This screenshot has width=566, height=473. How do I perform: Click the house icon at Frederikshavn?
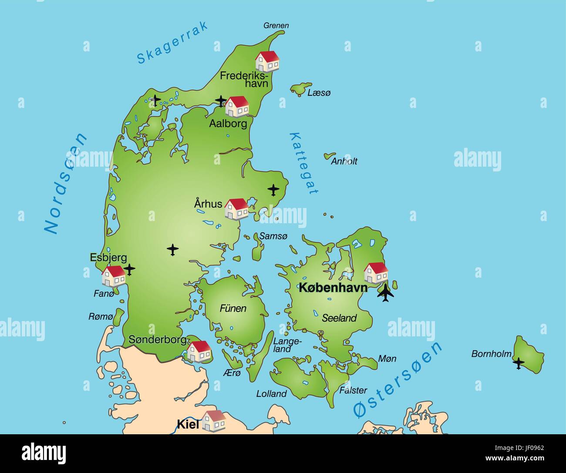point(267,61)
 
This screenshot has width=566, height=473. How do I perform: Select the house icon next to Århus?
point(236,209)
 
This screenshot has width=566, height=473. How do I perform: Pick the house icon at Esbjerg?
point(114,276)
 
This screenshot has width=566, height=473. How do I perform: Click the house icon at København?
point(376,273)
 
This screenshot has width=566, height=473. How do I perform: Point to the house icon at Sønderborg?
point(199,351)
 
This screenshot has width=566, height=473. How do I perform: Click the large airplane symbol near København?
point(385,293)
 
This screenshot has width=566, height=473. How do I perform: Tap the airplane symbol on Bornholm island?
point(518,362)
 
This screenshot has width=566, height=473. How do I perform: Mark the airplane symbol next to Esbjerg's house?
point(129,269)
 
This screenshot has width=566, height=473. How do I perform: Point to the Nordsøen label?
point(66,184)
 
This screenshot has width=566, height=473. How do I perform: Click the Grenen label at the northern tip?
point(276,26)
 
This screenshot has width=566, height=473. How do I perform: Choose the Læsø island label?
point(319,93)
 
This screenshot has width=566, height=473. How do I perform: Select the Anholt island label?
point(344,161)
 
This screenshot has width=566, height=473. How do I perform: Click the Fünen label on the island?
point(233,309)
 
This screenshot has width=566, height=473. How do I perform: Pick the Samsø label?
point(273,236)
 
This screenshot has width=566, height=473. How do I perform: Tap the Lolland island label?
point(271,394)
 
